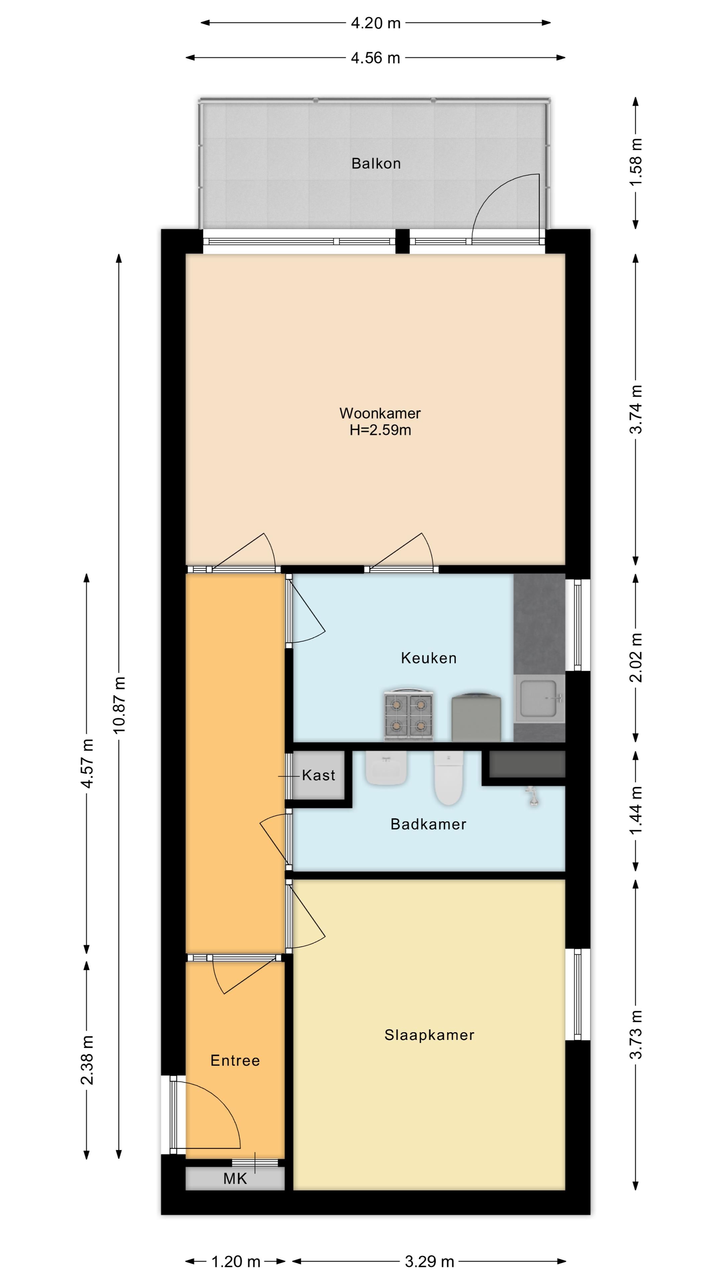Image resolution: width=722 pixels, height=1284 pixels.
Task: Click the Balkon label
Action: pyautogui.click(x=376, y=164)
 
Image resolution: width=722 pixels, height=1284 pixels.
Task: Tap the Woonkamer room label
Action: pyautogui.click(x=380, y=413)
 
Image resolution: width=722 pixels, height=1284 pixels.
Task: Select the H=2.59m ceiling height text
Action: pyautogui.click(x=380, y=430)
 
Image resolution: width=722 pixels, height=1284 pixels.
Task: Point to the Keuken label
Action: pyautogui.click(x=429, y=658)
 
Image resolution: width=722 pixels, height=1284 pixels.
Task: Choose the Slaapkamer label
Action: pyautogui.click(x=429, y=1035)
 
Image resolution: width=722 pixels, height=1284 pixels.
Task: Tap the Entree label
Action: pyautogui.click(x=235, y=1060)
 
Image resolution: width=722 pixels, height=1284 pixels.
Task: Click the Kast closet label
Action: pyautogui.click(x=319, y=775)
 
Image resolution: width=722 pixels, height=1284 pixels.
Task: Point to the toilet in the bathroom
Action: pyautogui.click(x=449, y=777)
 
